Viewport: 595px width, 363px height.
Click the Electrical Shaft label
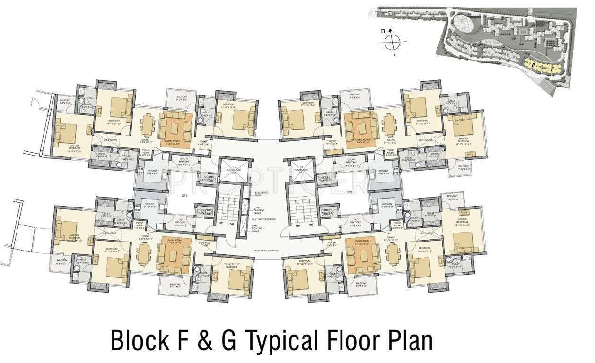pos(261,193)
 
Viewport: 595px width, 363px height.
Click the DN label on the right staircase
pos(311,225)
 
